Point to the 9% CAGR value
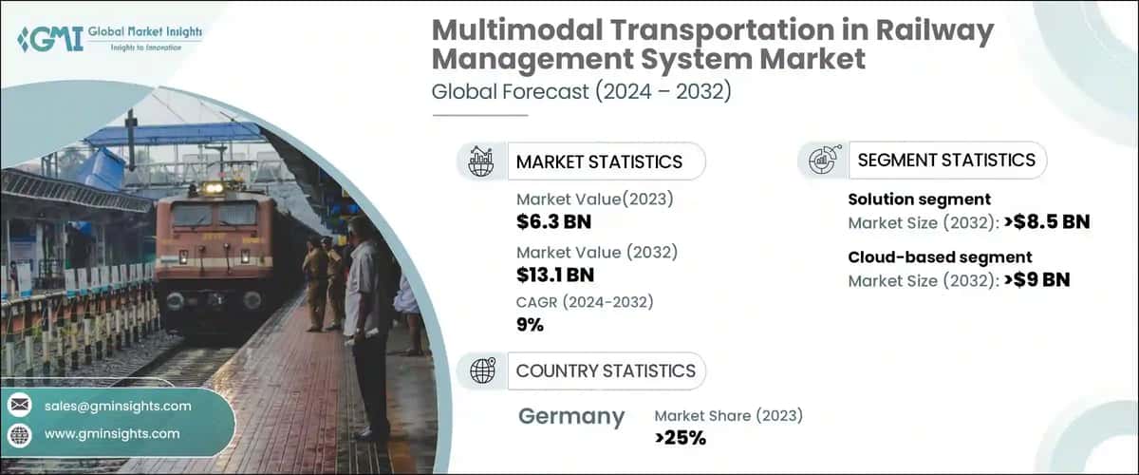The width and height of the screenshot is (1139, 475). tap(530, 324)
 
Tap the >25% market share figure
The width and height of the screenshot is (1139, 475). tap(680, 438)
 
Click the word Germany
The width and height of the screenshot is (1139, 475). tap(571, 416)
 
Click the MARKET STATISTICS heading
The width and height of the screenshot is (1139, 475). tap(599, 161)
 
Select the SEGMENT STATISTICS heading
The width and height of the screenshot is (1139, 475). tap(946, 160)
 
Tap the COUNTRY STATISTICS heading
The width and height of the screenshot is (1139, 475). tap(606, 370)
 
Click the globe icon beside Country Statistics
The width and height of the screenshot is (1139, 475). tap(482, 370)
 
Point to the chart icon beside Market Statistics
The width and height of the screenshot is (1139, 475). tap(482, 161)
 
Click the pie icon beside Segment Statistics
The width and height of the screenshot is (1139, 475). tap(822, 160)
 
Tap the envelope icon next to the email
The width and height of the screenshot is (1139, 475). tap(19, 406)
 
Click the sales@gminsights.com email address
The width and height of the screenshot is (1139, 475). tap(118, 406)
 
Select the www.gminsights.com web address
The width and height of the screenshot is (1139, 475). tap(112, 433)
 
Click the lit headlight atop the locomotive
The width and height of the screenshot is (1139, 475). tap(213, 188)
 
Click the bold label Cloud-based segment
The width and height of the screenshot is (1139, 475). tap(940, 257)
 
